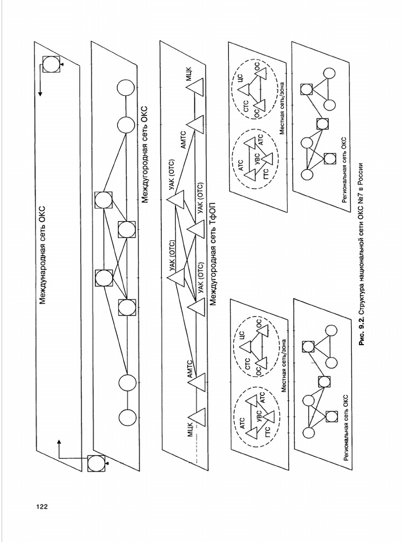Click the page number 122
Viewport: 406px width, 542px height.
tap(42, 507)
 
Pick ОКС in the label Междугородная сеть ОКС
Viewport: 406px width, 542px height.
tap(145, 115)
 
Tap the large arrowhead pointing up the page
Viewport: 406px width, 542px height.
tap(59, 440)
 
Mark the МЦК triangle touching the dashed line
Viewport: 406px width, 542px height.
tap(198, 417)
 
